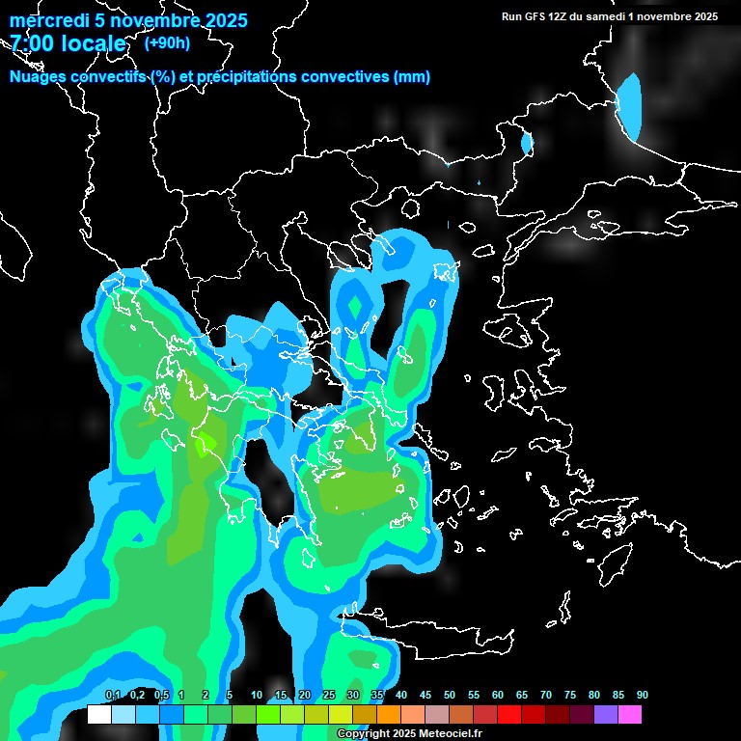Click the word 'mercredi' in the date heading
coord(44,20)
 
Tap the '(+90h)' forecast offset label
coord(167,42)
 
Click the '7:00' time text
coord(33,43)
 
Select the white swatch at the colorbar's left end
coord(98,715)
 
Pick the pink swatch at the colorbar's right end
coord(629,715)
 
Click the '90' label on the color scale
coord(642,696)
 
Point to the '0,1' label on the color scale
coord(112,696)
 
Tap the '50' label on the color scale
coord(449,696)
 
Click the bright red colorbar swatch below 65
coord(508,715)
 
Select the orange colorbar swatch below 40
coord(388,715)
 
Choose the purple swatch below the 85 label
coord(605,715)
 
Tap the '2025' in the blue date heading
coord(217,20)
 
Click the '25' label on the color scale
coord(328,696)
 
